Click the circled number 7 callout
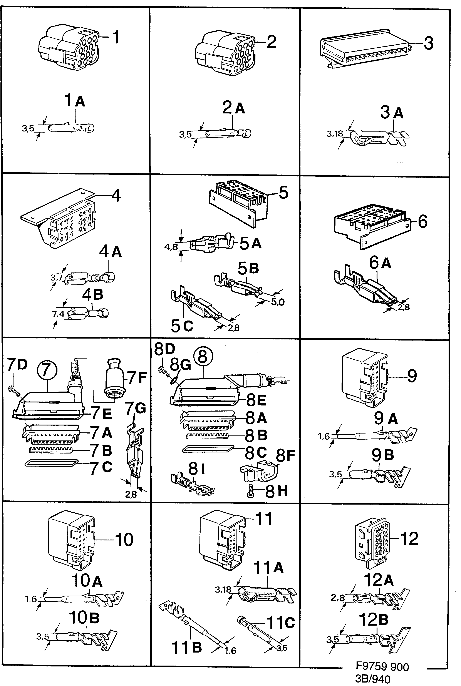(x=47, y=370)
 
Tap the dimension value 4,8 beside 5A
(x=171, y=247)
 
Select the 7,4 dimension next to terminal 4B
(x=58, y=314)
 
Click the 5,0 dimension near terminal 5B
(x=278, y=302)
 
